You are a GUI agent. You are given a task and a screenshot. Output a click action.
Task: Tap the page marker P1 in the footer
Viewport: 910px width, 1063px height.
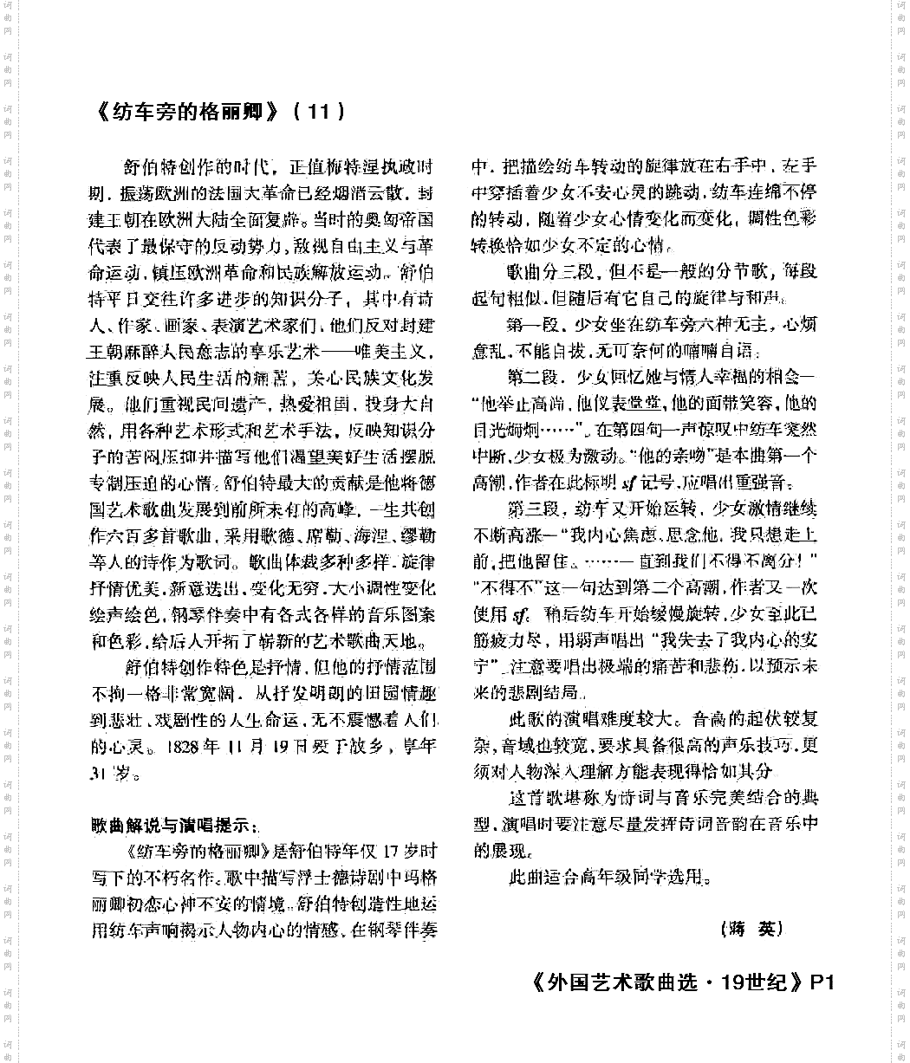pyautogui.click(x=822, y=982)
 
